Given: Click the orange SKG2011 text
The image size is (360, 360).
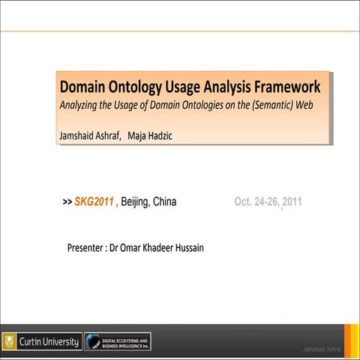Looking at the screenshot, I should (x=94, y=202).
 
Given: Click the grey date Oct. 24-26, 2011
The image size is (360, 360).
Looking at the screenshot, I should (x=268, y=202).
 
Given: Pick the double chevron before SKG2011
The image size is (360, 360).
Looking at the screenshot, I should (x=67, y=202).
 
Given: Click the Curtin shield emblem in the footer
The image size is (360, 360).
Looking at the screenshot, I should (x=10, y=342).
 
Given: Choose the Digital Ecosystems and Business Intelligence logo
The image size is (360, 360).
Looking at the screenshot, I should (x=117, y=342).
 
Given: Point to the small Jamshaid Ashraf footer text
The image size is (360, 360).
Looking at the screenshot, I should (x=320, y=349).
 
